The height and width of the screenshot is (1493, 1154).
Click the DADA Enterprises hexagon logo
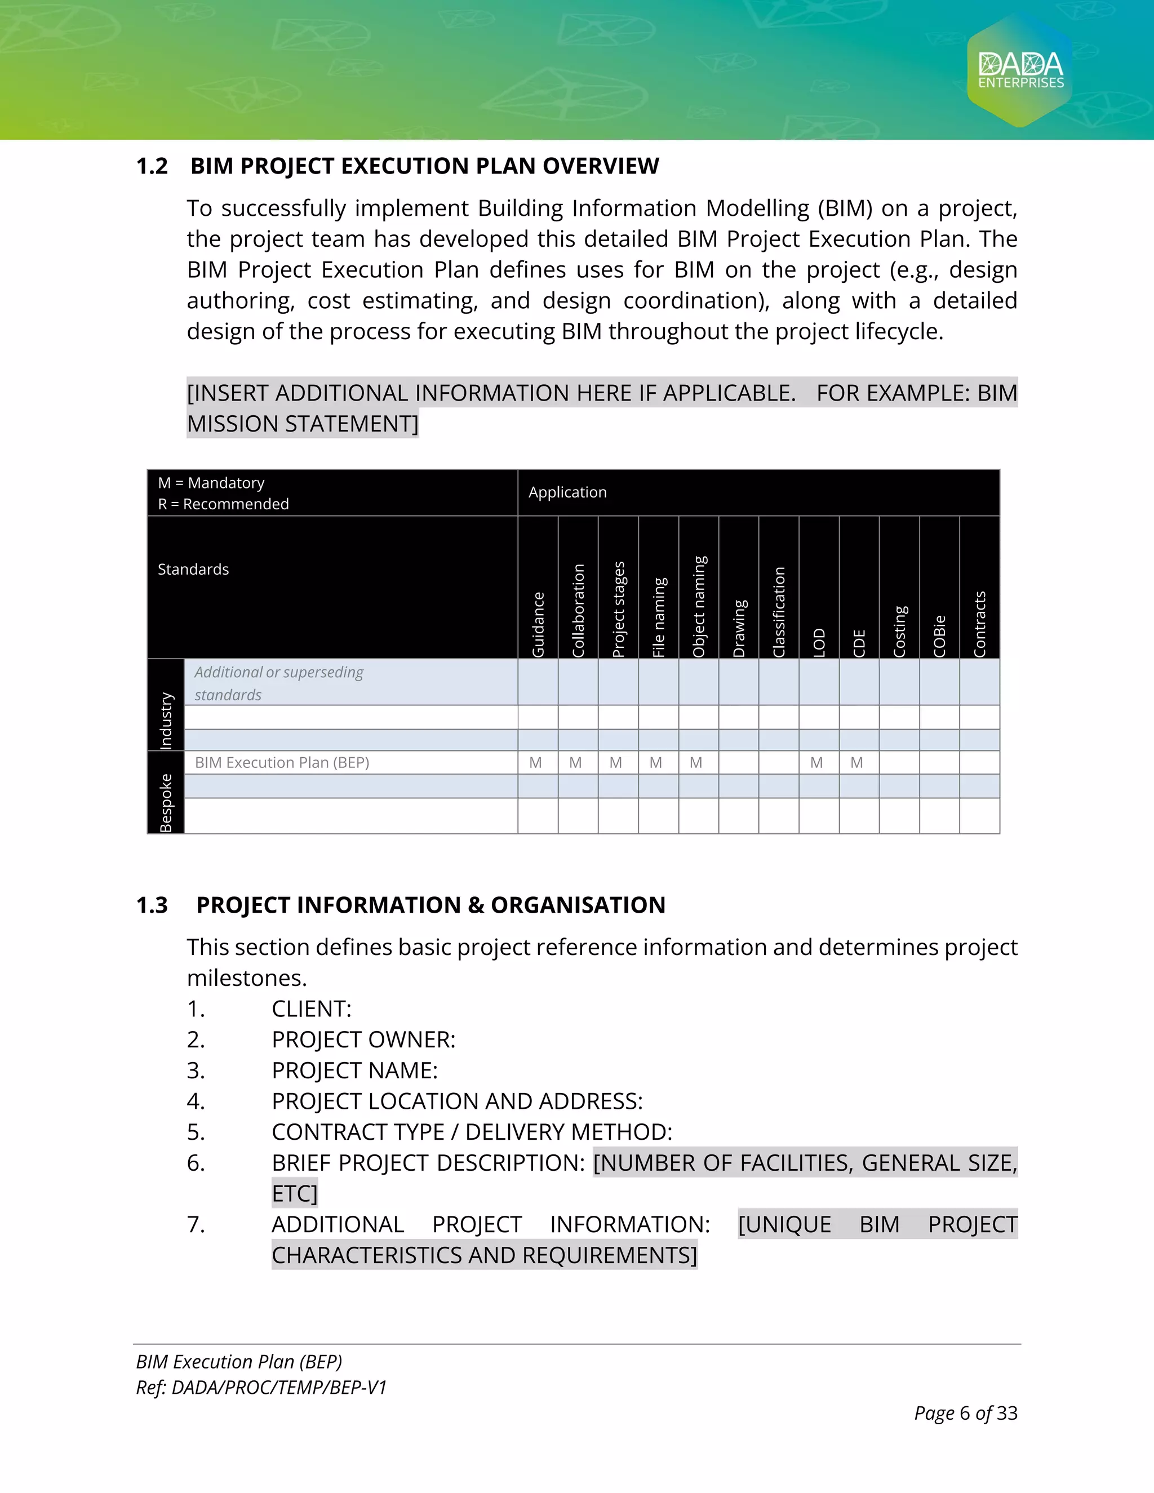(x=1020, y=70)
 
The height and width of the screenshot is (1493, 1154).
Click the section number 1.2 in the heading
(x=152, y=166)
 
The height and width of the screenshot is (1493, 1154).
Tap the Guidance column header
(x=539, y=624)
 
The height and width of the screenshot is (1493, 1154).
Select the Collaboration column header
(x=578, y=610)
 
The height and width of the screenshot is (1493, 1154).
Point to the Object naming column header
(x=699, y=606)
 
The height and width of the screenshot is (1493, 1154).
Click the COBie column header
(x=939, y=635)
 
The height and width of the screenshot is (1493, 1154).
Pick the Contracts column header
(x=980, y=624)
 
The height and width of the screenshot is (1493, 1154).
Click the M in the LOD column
(x=817, y=763)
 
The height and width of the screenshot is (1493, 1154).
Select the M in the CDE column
(x=856, y=763)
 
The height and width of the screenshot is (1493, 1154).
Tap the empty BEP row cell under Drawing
(x=738, y=763)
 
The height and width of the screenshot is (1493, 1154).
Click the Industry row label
(x=166, y=720)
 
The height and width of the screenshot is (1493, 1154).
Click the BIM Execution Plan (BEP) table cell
(x=282, y=763)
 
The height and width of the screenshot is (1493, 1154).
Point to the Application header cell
(x=567, y=492)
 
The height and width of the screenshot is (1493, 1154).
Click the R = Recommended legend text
(x=224, y=504)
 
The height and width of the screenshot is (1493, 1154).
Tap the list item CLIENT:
(x=311, y=1009)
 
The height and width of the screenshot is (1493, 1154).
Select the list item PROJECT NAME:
(x=354, y=1070)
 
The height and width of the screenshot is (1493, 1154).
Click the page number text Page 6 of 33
(x=965, y=1413)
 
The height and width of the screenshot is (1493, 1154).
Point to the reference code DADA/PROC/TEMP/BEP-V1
(x=279, y=1387)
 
